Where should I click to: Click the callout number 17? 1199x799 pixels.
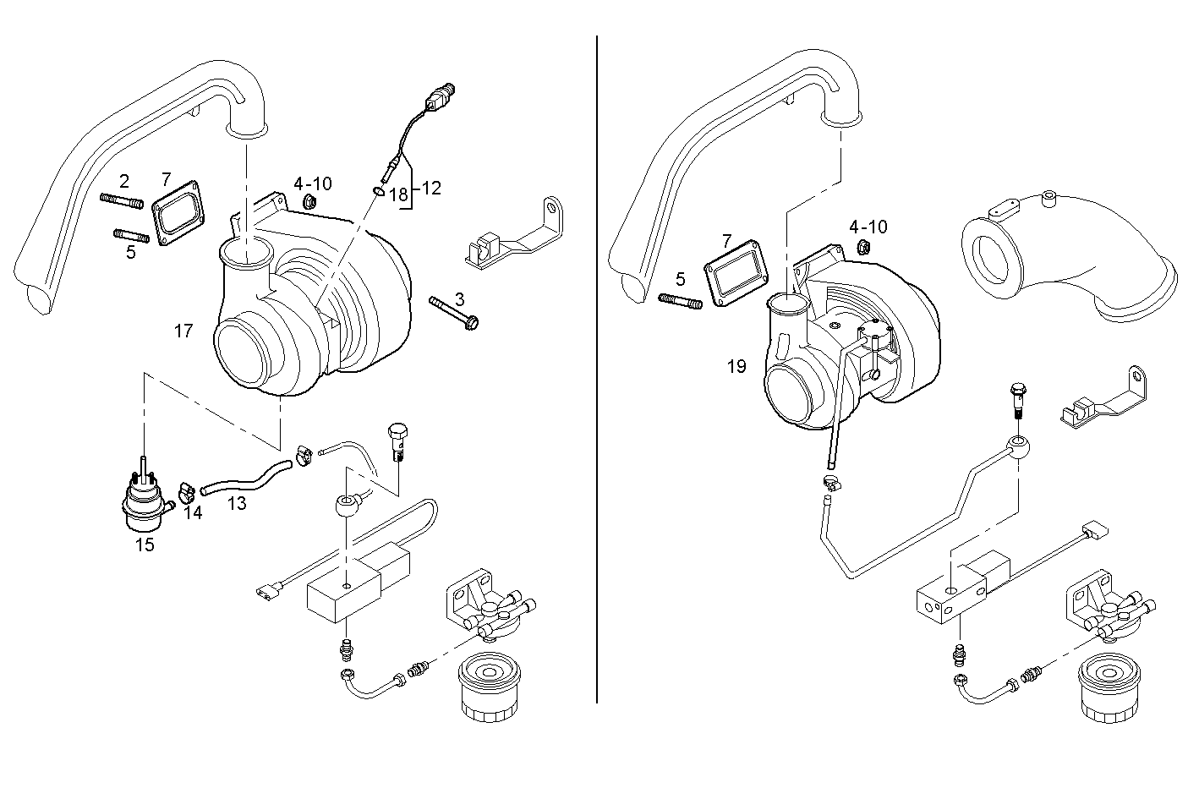pos(183,331)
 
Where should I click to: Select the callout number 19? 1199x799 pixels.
pos(736,367)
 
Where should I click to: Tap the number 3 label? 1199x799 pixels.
pos(459,299)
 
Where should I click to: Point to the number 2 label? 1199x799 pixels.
pos(124,181)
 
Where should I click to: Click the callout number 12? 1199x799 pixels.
pos(431,188)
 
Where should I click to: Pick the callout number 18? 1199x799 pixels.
pos(398,194)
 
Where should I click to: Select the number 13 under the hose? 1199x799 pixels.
pos(238,504)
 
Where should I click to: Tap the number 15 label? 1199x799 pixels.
pos(145,545)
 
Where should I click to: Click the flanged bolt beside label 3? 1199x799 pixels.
pos(455,312)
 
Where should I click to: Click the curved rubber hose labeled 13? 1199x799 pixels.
pos(245,477)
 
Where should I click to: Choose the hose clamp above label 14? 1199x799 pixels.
pos(187,490)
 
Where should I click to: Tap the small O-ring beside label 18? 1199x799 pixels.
pos(378,192)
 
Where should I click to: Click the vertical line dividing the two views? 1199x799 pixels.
pos(597,369)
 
